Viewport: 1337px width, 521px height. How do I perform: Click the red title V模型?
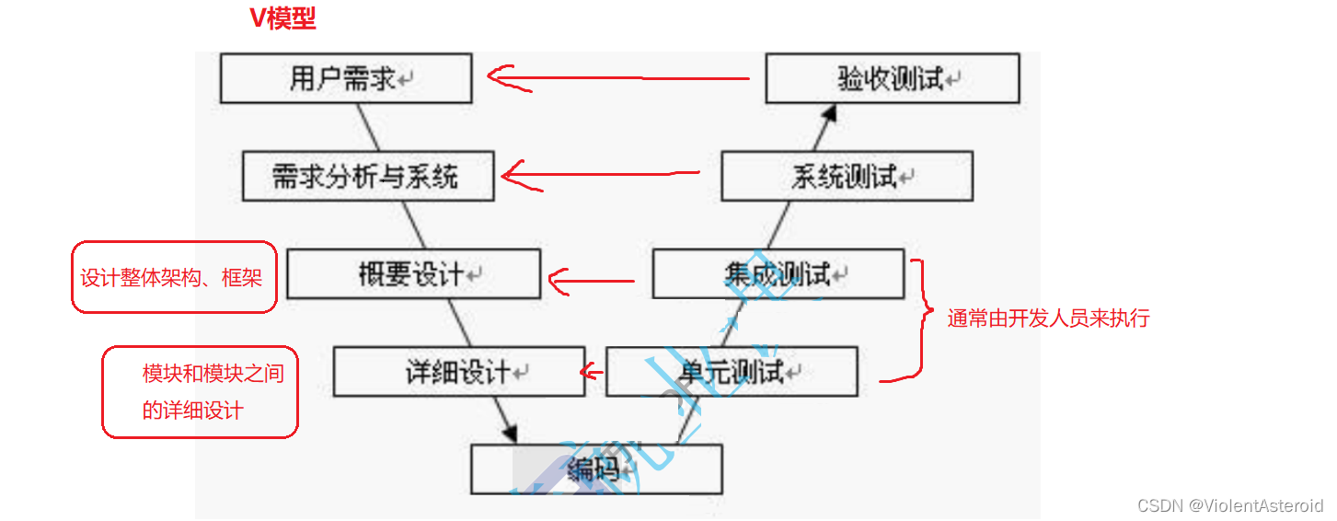click(283, 19)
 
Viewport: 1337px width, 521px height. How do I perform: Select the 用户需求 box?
click(346, 78)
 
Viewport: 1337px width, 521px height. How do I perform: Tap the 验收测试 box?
click(893, 78)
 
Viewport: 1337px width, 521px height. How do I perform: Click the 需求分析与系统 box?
click(368, 175)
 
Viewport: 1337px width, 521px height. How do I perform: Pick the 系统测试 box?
click(847, 176)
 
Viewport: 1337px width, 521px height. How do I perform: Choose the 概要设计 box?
click(413, 273)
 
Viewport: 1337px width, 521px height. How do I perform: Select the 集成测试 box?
click(778, 273)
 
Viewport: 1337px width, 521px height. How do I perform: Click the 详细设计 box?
click(459, 372)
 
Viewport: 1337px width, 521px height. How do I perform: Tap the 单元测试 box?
click(732, 372)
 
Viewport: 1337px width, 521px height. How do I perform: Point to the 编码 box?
click(596, 469)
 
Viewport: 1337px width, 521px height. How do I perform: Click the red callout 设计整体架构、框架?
click(174, 277)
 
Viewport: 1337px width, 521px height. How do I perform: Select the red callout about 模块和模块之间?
click(200, 391)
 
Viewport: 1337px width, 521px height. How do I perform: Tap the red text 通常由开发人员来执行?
click(1048, 318)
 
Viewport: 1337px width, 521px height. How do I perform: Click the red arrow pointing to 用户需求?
click(617, 78)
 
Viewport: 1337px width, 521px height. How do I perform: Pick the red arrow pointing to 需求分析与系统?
click(598, 173)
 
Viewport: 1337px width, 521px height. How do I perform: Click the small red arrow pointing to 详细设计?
click(592, 372)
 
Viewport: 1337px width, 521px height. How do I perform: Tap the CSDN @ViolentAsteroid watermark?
click(1229, 505)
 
